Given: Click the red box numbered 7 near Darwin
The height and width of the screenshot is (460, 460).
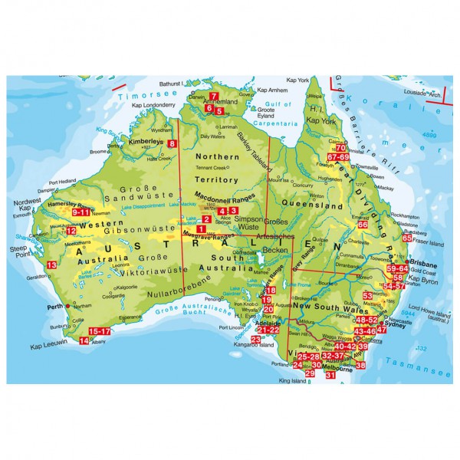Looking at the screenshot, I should [x=212, y=96].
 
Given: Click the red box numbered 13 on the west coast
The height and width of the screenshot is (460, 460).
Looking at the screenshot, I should [x=52, y=264].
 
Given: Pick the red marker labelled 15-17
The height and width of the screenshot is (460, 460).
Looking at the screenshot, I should [x=100, y=330].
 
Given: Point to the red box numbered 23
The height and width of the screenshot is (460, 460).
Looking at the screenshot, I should [x=255, y=338].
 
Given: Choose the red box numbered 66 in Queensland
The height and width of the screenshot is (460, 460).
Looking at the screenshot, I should [x=363, y=225].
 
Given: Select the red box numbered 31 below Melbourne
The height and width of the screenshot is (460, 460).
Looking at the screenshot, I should [x=330, y=375].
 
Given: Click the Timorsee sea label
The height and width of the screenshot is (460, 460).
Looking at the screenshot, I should [x=140, y=93].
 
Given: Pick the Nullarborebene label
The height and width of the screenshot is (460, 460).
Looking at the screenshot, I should [x=179, y=294].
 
